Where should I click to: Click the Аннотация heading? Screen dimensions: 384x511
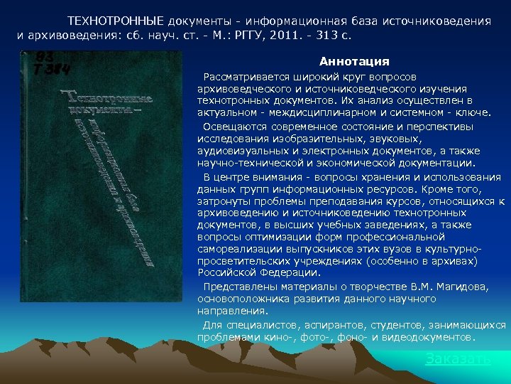click(354, 62)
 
